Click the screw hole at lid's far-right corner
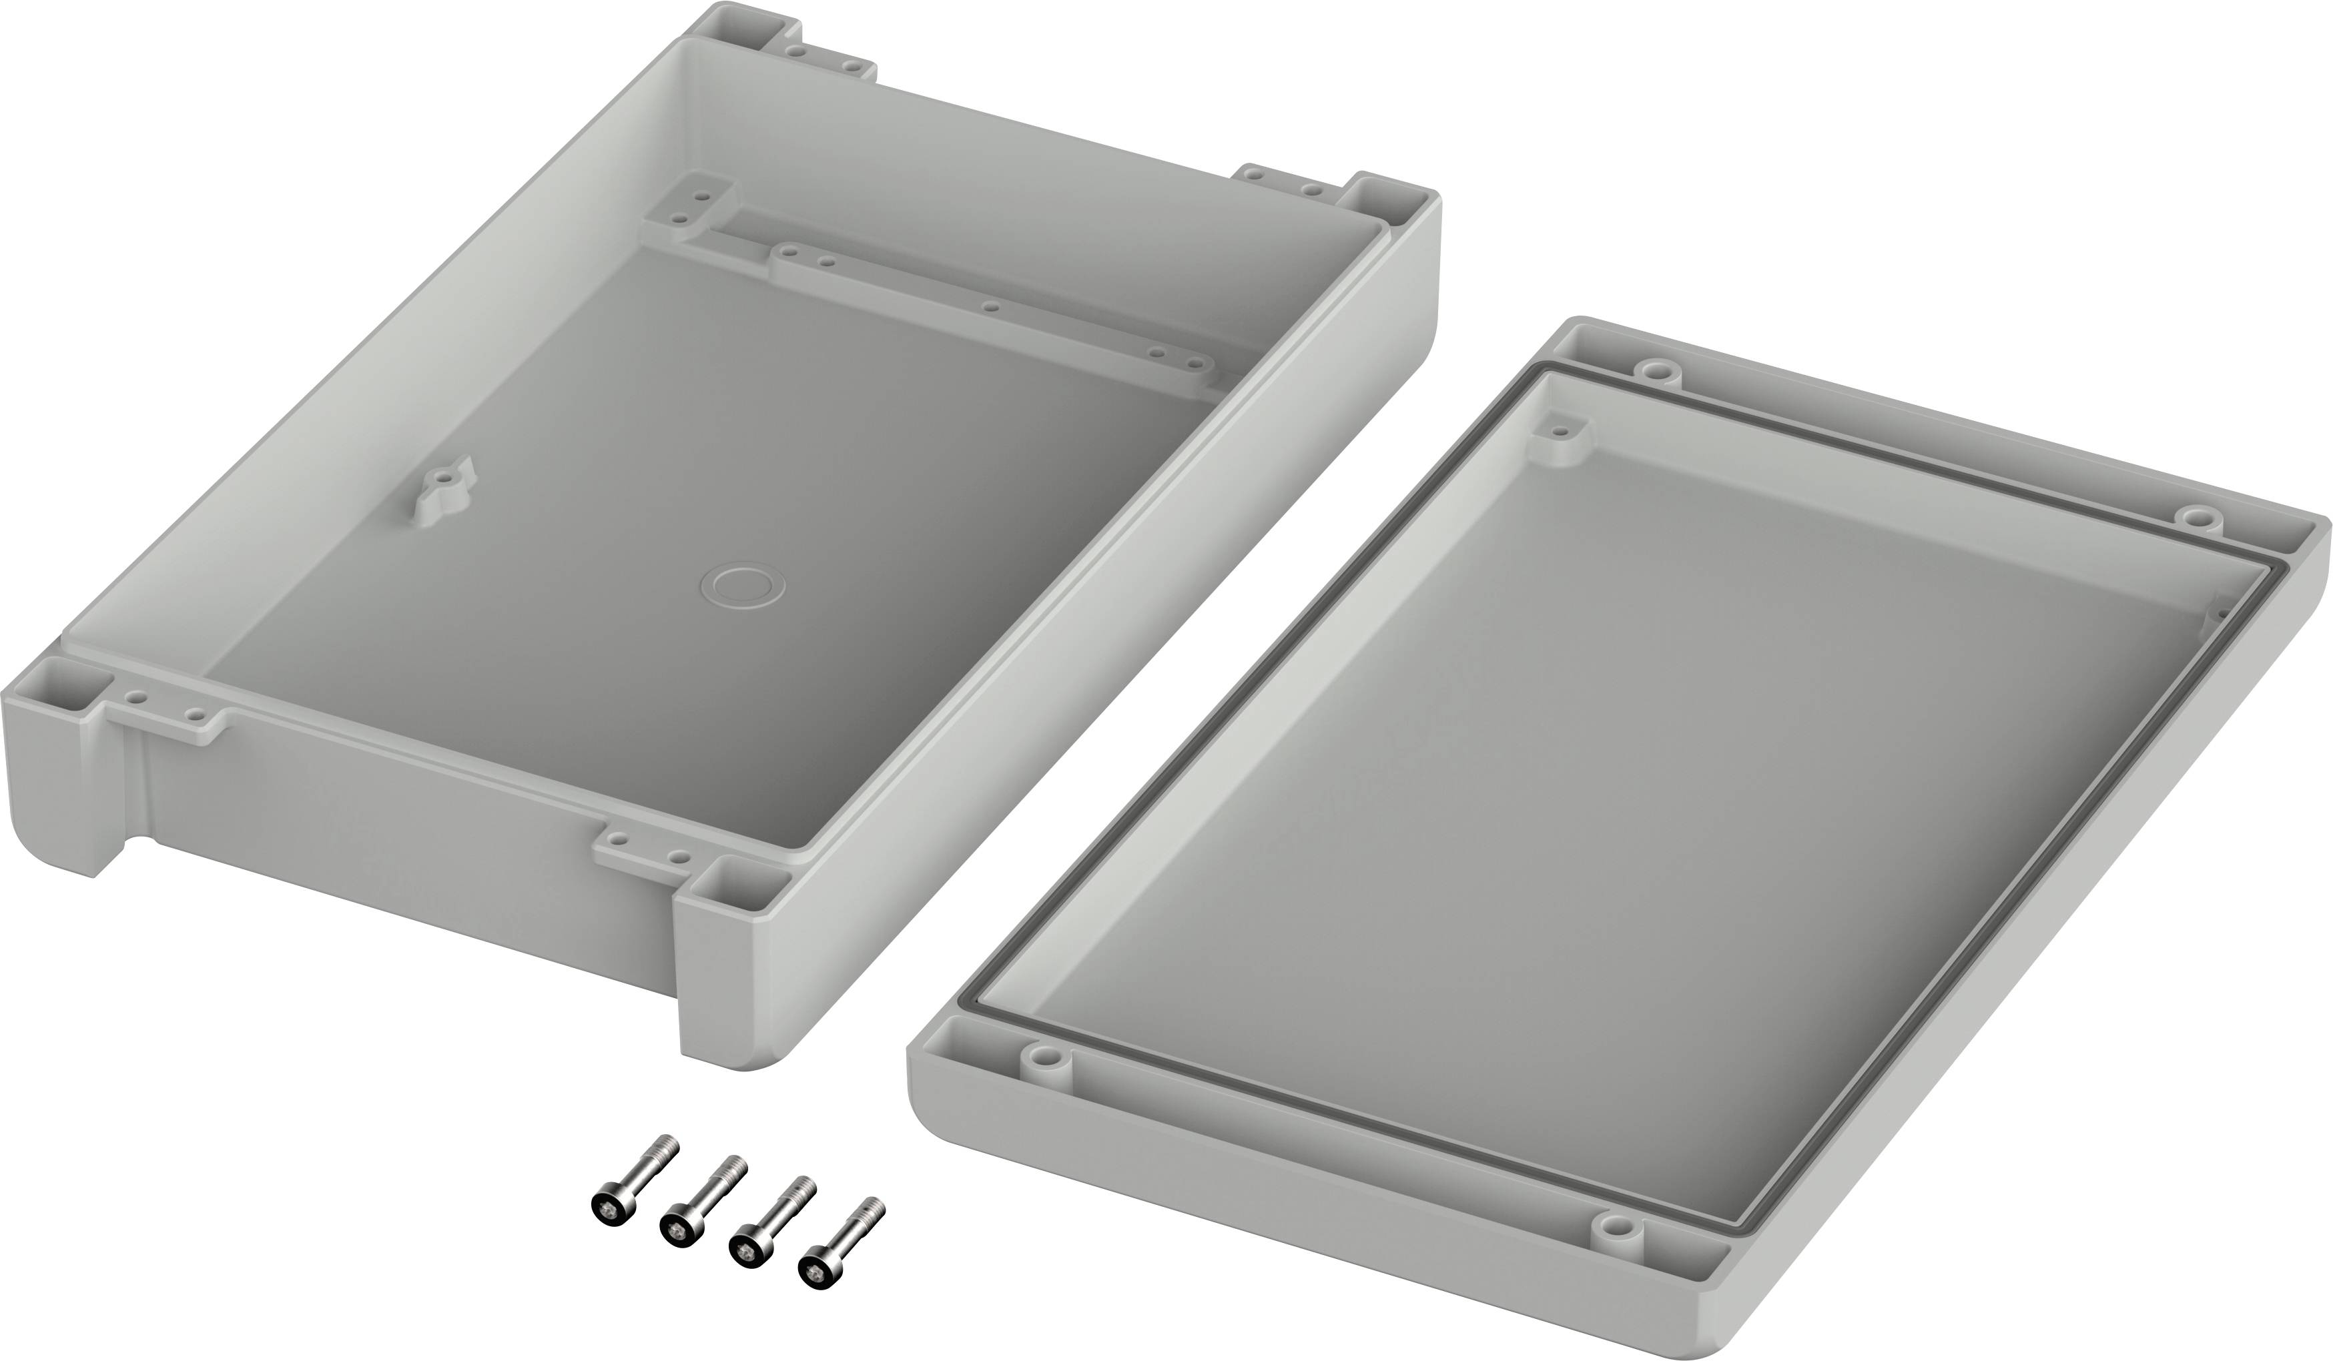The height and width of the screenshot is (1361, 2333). coord(2198,516)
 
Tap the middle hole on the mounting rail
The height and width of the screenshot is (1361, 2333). coord(990,306)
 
